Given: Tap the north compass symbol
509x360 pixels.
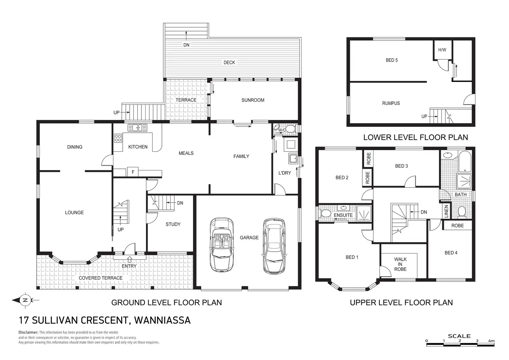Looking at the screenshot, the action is click(25, 300).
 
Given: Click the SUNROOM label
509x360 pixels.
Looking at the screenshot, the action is click(253, 100).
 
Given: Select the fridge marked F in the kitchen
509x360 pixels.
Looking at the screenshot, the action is click(133, 172).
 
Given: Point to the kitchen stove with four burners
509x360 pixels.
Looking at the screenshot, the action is click(118, 138).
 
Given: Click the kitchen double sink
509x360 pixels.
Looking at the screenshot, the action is click(137, 128).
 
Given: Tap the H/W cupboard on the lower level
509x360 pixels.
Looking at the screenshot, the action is click(442, 50).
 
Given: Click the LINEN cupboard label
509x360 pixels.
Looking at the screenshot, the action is click(446, 212).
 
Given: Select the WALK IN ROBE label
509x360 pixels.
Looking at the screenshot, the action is click(400, 264).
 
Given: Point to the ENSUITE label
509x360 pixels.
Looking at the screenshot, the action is click(343, 215).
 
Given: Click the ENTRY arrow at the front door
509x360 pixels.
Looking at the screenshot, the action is click(129, 259).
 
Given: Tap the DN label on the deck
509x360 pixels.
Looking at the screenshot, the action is click(186, 45).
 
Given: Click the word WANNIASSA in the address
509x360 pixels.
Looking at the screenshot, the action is click(162, 320).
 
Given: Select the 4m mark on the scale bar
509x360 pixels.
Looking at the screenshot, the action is click(491, 341).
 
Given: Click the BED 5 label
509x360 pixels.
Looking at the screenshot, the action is click(391, 60).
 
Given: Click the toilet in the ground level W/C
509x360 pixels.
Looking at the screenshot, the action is click(290, 129).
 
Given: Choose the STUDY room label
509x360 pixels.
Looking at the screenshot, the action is click(173, 224).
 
